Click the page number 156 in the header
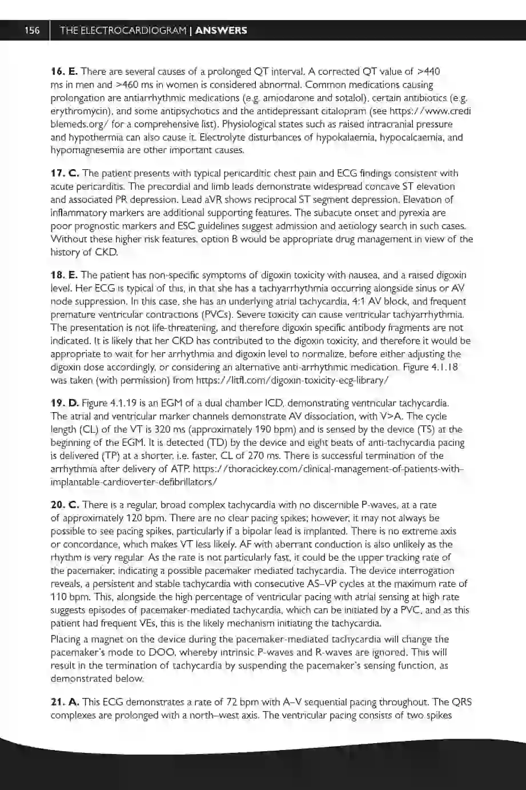tap(32, 31)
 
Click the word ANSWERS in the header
tap(221, 31)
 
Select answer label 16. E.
tap(64, 71)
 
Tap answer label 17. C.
tap(65, 173)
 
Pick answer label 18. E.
tap(64, 275)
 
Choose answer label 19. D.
tap(65, 403)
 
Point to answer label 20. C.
tap(65, 505)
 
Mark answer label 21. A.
tap(65, 702)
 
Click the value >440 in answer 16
tap(429, 71)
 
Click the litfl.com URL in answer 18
tap(292, 380)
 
